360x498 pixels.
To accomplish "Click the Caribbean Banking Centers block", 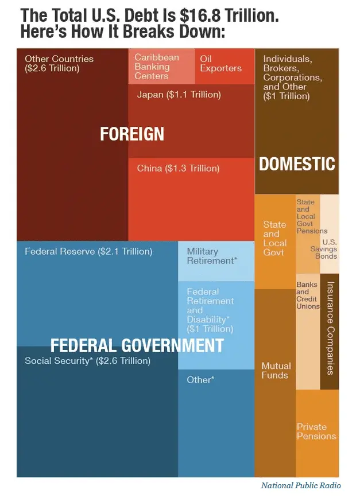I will point(156,67).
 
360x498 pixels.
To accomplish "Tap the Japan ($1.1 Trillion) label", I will point(179,95).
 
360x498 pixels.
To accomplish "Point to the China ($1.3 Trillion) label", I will point(178,169).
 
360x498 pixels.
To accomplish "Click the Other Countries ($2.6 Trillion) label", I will point(59,63).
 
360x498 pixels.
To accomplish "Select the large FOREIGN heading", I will point(132,134).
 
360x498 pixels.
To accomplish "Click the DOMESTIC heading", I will point(297,164).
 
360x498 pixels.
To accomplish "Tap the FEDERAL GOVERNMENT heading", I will point(137,345).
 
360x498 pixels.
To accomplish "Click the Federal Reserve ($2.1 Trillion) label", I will point(88,251).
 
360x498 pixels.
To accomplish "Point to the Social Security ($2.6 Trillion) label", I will point(87,361).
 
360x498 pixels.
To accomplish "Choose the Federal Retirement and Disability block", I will point(215,310).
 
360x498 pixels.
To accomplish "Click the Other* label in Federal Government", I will point(200,379).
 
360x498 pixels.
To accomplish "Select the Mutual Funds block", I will point(276,370).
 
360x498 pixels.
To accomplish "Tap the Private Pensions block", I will point(316,431).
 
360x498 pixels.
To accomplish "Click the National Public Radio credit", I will point(301,485).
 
